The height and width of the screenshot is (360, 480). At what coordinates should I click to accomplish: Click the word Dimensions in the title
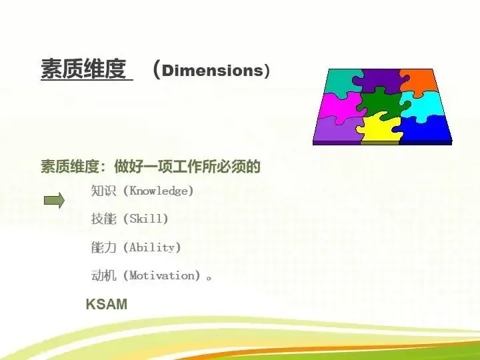coord(212,71)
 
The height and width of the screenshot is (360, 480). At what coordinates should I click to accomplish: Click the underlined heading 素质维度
coord(83,69)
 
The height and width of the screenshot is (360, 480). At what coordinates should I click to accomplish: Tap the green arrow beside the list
coord(54,201)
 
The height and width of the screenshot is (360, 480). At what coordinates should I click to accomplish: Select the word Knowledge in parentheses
coord(158,191)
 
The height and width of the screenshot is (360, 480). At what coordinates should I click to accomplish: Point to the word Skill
coord(146,219)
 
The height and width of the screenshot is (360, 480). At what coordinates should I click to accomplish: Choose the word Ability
coord(152,247)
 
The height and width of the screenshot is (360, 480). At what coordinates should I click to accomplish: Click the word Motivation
coord(162,275)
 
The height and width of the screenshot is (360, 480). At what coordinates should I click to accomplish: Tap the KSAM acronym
coord(107,304)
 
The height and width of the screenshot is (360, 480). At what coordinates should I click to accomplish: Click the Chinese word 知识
coord(103,191)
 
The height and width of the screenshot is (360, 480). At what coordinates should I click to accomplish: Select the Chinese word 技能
coord(103,219)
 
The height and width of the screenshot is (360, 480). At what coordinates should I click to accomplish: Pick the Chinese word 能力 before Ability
coord(103,247)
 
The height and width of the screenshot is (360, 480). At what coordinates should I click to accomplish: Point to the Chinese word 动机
coord(103,275)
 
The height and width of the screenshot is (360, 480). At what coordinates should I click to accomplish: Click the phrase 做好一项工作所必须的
coord(187,167)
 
